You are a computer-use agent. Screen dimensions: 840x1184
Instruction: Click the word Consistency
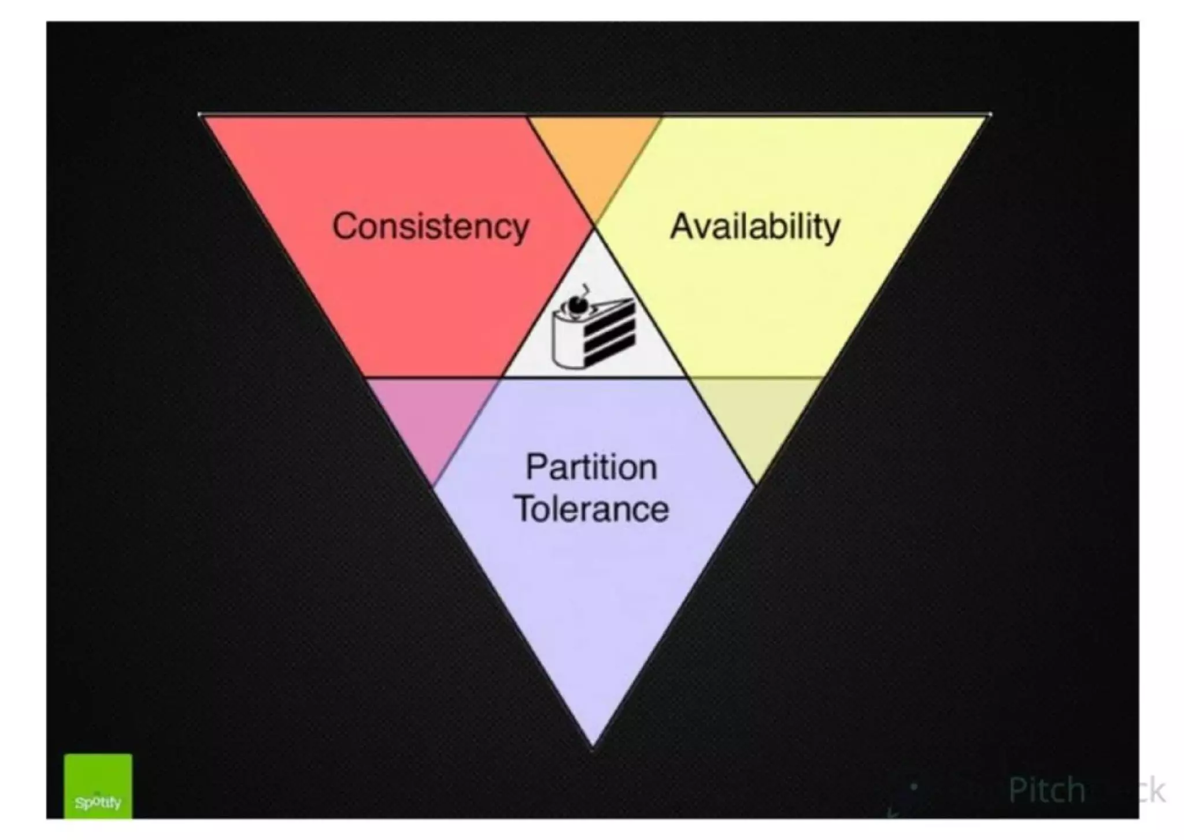[x=431, y=226]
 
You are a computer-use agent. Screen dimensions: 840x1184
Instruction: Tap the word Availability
[x=755, y=226]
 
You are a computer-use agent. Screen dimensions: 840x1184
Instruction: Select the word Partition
[x=591, y=467]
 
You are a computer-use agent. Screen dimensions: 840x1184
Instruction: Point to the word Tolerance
[x=591, y=509]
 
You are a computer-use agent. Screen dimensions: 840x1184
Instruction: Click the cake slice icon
[x=593, y=332]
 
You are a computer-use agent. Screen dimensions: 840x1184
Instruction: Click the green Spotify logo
[x=98, y=786]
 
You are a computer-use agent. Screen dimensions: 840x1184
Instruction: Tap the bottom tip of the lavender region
[x=593, y=739]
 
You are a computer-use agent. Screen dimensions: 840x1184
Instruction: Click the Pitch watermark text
[x=1046, y=790]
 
